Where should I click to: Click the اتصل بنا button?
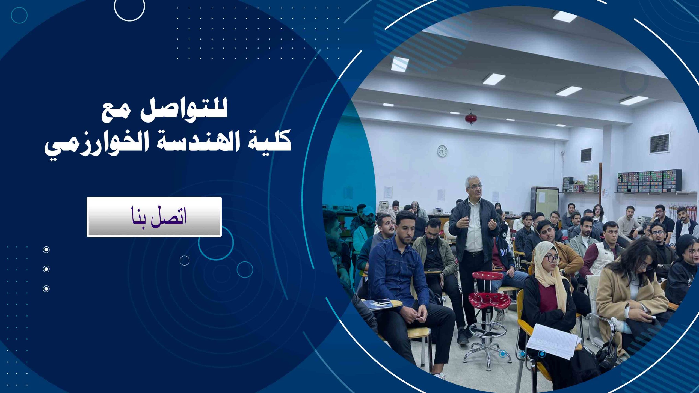click(x=154, y=217)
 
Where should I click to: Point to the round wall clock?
click(x=442, y=151)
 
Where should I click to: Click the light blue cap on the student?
click(x=368, y=210)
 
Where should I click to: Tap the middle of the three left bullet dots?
click(x=46, y=269)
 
